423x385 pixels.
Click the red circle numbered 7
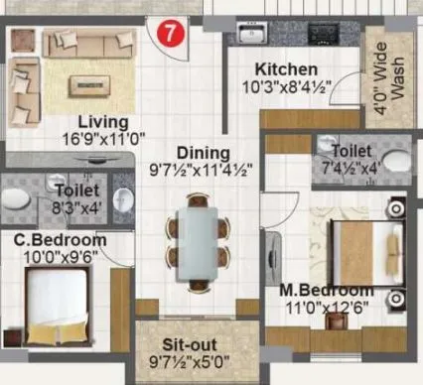coord(172,31)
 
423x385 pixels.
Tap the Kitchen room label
coord(286,70)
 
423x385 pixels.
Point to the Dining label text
coord(204,154)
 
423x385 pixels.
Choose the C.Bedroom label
coord(59,240)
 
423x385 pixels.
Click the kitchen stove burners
coord(329,34)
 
